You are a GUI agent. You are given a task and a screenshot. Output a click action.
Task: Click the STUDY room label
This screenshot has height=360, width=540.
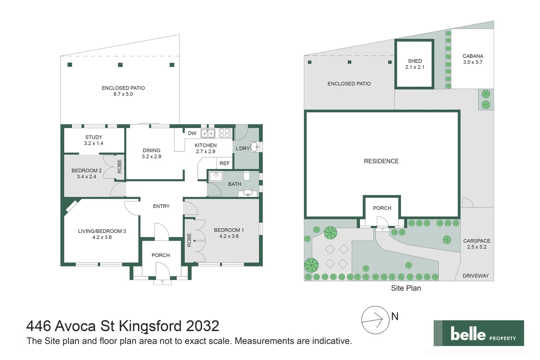[x=94, y=137]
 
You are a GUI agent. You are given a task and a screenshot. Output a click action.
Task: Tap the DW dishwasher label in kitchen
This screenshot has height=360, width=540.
[x=192, y=133]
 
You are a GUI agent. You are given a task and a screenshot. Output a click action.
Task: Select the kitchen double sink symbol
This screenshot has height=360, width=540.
[x=208, y=133]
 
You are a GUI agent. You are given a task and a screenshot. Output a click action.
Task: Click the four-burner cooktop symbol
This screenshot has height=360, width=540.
[x=224, y=133]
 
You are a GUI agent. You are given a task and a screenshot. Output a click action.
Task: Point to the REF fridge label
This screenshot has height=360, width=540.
[x=224, y=163]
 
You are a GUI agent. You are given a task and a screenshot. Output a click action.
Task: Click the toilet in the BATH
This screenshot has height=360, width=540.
[x=247, y=176]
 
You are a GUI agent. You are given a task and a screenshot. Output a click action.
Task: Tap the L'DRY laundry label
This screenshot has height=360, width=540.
[x=242, y=148]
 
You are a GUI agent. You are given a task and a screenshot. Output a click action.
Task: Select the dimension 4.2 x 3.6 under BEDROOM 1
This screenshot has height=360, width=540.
[x=229, y=236]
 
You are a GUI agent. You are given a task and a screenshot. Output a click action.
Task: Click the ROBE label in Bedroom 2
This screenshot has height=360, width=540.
[x=120, y=166]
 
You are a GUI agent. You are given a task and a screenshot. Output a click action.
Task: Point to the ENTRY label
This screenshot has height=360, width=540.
[x=161, y=206]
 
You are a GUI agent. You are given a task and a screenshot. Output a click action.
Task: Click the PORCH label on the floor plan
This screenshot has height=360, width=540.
[x=161, y=255]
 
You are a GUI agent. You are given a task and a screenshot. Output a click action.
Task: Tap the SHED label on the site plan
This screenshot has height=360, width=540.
[x=415, y=61]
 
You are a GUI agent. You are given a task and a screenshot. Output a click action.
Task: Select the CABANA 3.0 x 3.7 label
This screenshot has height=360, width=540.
[x=473, y=59]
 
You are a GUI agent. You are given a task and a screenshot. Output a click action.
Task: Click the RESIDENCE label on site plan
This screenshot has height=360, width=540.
[x=381, y=161]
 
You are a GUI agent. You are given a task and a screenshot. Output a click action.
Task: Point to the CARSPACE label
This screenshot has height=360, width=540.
[x=477, y=241]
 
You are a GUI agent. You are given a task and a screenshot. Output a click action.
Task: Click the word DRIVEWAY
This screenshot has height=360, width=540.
[x=475, y=276]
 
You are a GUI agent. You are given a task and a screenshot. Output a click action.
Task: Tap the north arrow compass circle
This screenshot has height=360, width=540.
[x=375, y=320]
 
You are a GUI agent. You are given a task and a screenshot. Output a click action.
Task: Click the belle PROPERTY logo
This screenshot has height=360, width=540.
[x=479, y=333]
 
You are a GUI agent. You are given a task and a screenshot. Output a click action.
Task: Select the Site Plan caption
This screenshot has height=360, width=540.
[x=406, y=288]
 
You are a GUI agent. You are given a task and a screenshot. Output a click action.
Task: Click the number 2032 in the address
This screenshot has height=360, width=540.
[x=203, y=326]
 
